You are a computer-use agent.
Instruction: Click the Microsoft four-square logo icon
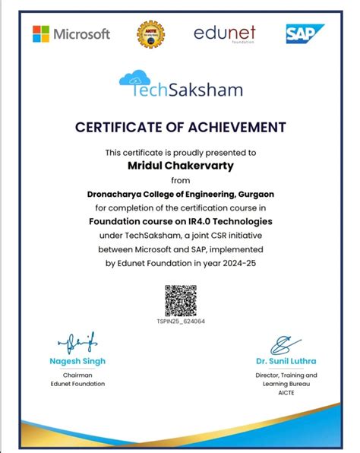coord(41,34)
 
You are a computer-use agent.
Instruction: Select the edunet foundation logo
coord(225,33)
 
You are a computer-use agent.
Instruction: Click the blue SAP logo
coord(305,33)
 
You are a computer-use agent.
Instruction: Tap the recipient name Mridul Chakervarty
coord(180,165)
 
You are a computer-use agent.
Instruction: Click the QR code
coord(180,299)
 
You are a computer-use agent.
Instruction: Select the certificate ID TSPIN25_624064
coord(181,322)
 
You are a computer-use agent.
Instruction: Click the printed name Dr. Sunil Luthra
coord(286,361)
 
